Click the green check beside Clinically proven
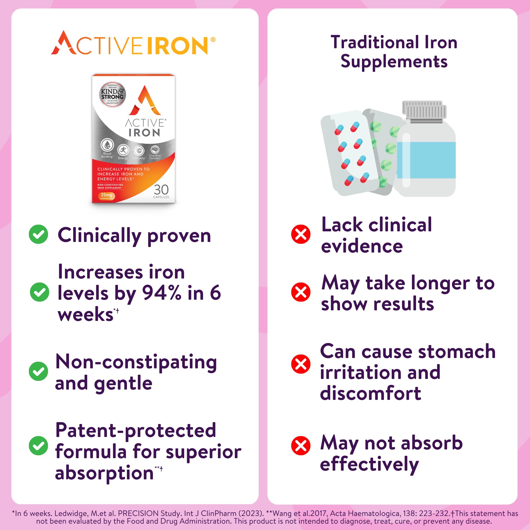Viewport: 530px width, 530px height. (x=38, y=234)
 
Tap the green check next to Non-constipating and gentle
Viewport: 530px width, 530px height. (x=38, y=371)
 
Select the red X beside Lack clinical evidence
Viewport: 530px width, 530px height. (x=301, y=234)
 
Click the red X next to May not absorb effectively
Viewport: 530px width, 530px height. (x=301, y=445)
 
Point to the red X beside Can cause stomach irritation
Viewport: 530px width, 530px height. (x=301, y=364)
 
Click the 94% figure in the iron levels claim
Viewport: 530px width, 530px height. (x=161, y=293)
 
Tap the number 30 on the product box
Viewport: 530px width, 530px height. (x=161, y=189)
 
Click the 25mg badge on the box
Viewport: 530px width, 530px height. (x=107, y=196)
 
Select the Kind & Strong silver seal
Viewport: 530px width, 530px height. (x=112, y=94)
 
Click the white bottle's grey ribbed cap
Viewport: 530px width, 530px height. (x=424, y=111)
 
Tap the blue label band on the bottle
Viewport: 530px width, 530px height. (x=426, y=160)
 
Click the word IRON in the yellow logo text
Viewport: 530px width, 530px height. (x=178, y=46)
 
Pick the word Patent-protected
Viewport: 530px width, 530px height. (x=135, y=430)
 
